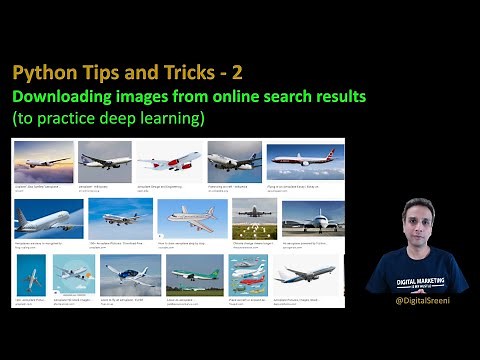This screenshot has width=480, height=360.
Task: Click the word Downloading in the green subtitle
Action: coord(66,97)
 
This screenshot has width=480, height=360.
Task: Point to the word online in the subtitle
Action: coord(240,97)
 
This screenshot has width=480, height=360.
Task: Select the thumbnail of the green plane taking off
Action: coord(194,273)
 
